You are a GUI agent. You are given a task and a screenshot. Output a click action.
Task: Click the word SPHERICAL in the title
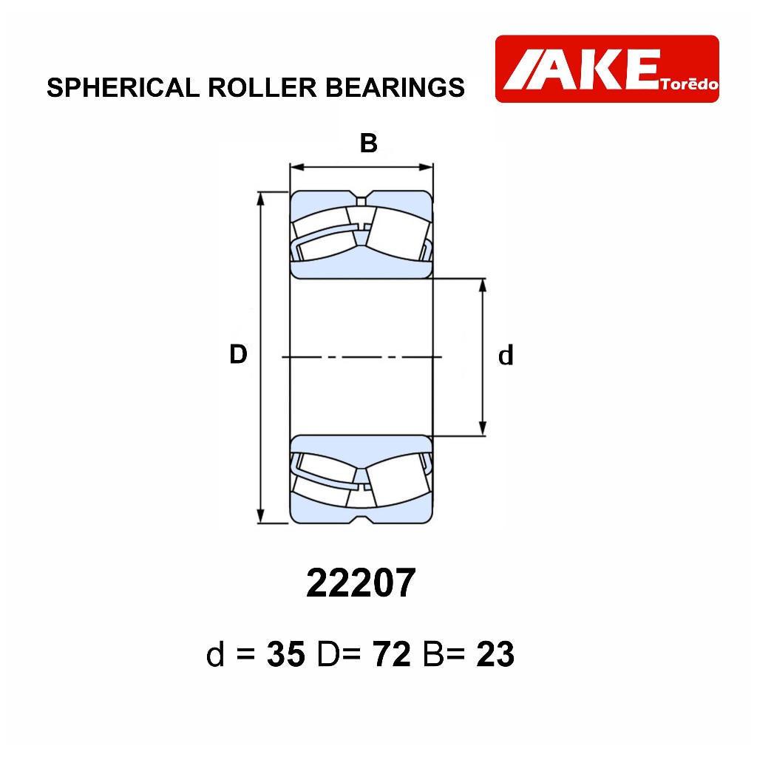pos(123,87)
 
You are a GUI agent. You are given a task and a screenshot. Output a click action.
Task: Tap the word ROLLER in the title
pos(262,87)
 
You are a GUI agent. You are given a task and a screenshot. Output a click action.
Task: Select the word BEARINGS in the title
pos(395,87)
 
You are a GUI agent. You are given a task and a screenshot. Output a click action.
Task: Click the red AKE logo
pos(607,69)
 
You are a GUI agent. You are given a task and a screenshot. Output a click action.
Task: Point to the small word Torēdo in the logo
pos(690,84)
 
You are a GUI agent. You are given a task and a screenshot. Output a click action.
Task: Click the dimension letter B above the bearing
pos(368,143)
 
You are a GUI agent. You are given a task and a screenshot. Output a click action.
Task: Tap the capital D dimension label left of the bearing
pos(238,354)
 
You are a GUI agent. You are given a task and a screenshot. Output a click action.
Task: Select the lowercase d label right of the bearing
pos(506,356)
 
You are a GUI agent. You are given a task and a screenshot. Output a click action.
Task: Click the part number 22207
pos(361,583)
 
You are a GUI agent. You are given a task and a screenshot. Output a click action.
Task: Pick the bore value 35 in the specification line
pos(286,654)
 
